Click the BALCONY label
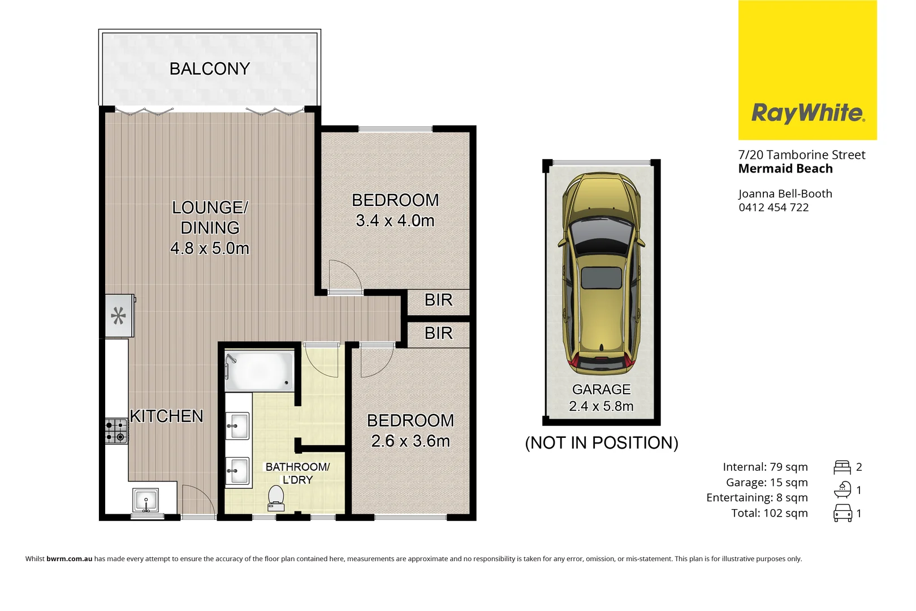coord(209,68)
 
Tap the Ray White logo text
coord(807,113)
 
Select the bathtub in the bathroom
coord(260,371)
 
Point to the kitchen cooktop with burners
coord(116,431)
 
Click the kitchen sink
coord(146,500)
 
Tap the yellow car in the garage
coord(601,274)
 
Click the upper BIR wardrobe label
coord(438,300)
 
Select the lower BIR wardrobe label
coord(438,334)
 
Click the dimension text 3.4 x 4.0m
coord(395,221)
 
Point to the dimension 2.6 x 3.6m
coord(410,441)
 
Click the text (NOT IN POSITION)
coord(601,443)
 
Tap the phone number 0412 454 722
coord(773,208)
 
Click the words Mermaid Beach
coord(785,169)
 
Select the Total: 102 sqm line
coord(769,513)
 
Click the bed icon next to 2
coord(842,467)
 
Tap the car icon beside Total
coord(842,513)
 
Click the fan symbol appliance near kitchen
coord(119,316)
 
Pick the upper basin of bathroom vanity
coord(238,426)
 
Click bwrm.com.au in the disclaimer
coord(69,559)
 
